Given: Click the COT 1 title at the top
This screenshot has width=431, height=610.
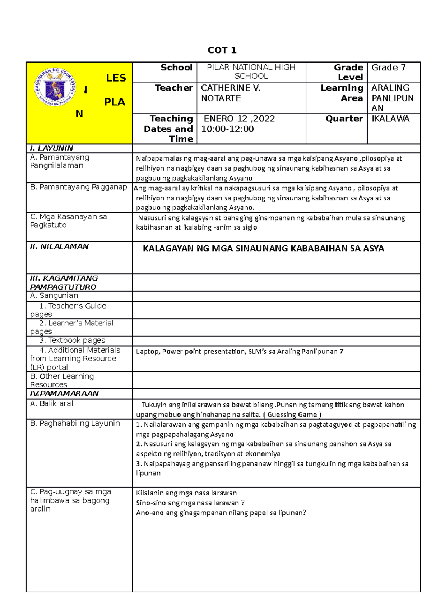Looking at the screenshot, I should point(222,50).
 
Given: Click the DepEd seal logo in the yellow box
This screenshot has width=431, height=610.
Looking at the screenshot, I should point(55,87).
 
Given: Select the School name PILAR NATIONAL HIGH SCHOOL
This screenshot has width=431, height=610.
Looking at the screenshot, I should point(251,71).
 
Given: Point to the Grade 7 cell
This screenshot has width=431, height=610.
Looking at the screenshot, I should point(388,68).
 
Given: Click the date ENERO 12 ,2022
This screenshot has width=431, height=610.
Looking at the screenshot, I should point(239,119).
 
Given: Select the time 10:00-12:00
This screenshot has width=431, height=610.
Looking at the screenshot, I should point(227,129).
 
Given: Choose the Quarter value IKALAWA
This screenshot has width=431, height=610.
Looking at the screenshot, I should point(390,119).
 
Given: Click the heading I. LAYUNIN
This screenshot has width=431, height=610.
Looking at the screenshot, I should point(51,148).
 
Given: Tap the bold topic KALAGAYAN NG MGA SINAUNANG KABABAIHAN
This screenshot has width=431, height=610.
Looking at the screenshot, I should point(263,249).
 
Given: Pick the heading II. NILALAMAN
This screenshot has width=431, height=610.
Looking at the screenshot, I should point(59,246).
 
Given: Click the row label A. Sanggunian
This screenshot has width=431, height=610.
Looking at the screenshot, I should point(54,296).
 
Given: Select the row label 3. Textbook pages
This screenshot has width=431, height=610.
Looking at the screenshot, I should point(72,340).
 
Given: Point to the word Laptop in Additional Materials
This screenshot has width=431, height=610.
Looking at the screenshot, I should point(147,352).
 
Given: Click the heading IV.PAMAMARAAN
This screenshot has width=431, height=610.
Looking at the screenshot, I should point(64,393).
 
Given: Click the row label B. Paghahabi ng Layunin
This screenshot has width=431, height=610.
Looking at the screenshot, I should point(75,424).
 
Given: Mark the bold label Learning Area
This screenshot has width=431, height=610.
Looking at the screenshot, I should point(342,93).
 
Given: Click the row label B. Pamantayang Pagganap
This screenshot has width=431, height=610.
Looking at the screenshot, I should point(78,187).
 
